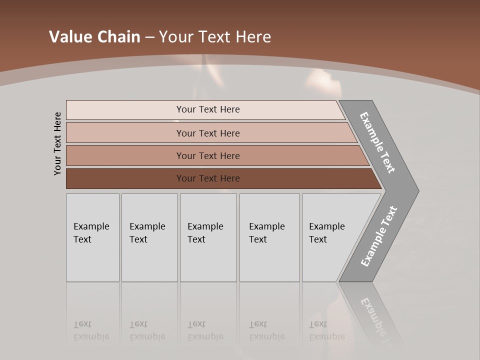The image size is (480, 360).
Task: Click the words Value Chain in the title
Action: click(x=94, y=37)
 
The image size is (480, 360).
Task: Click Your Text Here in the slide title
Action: click(x=215, y=37)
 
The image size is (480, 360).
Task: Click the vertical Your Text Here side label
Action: click(x=57, y=143)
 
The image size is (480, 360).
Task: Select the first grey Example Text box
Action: click(x=92, y=237)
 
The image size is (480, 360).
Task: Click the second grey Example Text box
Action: click(x=149, y=237)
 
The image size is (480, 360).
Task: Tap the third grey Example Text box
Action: click(x=208, y=237)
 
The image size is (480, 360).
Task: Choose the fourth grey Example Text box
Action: click(x=269, y=237)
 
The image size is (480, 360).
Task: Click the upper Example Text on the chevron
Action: click(x=377, y=142)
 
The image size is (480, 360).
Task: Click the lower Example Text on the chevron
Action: click(x=378, y=236)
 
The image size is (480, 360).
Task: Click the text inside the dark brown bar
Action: click(x=208, y=178)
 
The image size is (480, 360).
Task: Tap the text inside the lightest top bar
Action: click(x=208, y=109)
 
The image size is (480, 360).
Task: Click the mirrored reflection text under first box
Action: click(x=91, y=331)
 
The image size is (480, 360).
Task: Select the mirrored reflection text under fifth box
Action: click(x=326, y=331)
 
